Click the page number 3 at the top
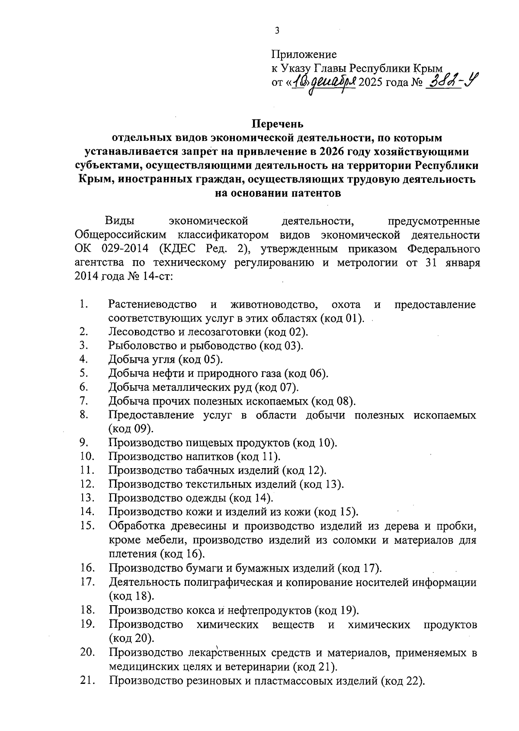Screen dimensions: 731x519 click(277, 31)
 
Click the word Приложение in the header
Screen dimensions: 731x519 click(304, 55)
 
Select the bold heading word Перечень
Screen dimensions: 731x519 click(278, 124)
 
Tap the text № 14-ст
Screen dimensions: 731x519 click(148, 277)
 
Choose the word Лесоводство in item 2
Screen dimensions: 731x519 click(140, 332)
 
